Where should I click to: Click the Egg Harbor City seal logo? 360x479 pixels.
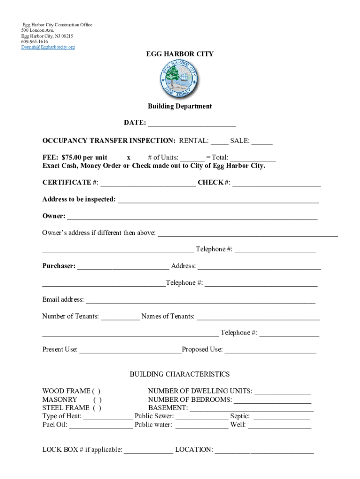point(179,80)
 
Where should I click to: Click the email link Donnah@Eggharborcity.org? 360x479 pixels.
point(48,47)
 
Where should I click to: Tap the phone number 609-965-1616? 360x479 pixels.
point(35,42)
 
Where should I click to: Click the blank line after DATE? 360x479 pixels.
point(192,123)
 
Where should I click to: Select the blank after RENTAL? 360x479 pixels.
point(219,141)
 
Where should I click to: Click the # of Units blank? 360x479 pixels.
point(192,158)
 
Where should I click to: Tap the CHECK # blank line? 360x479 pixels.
point(276,183)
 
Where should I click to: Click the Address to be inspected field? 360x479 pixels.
point(218,200)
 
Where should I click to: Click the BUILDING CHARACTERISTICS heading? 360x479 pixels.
point(180,374)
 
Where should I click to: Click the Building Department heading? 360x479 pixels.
point(180,106)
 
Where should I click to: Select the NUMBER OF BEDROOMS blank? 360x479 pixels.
point(272,400)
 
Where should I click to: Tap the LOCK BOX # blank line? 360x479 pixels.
point(148,450)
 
